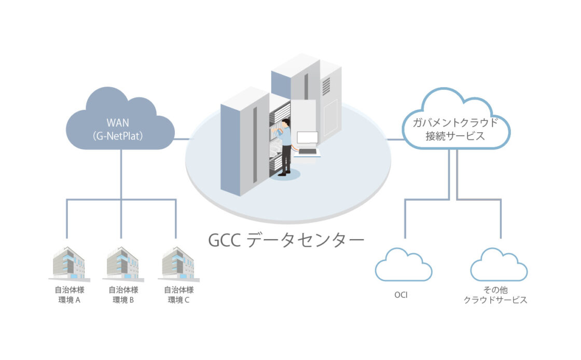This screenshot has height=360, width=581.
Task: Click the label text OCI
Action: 400,295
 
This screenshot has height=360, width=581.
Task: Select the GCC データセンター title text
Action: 286,240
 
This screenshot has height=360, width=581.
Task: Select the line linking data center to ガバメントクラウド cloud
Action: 396,139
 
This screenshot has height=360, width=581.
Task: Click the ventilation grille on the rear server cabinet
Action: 325,85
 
